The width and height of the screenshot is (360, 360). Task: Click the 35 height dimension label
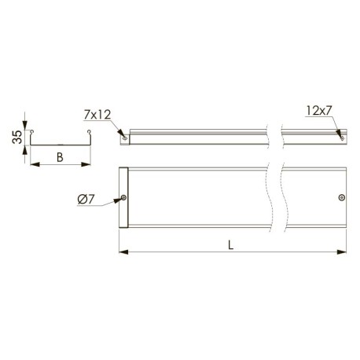click(17, 137)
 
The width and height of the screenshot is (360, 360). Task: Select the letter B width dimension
click(60, 157)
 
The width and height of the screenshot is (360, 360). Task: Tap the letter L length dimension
click(230, 245)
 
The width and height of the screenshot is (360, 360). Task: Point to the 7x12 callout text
click(97, 115)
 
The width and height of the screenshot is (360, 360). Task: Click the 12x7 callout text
click(319, 111)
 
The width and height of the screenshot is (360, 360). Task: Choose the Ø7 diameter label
click(86, 200)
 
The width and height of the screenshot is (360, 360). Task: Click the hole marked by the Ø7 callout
click(123, 197)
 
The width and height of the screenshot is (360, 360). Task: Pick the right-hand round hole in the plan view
click(342, 197)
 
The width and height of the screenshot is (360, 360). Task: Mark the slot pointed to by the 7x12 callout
click(125, 138)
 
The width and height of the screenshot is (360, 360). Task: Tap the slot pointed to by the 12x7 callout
click(342, 138)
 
